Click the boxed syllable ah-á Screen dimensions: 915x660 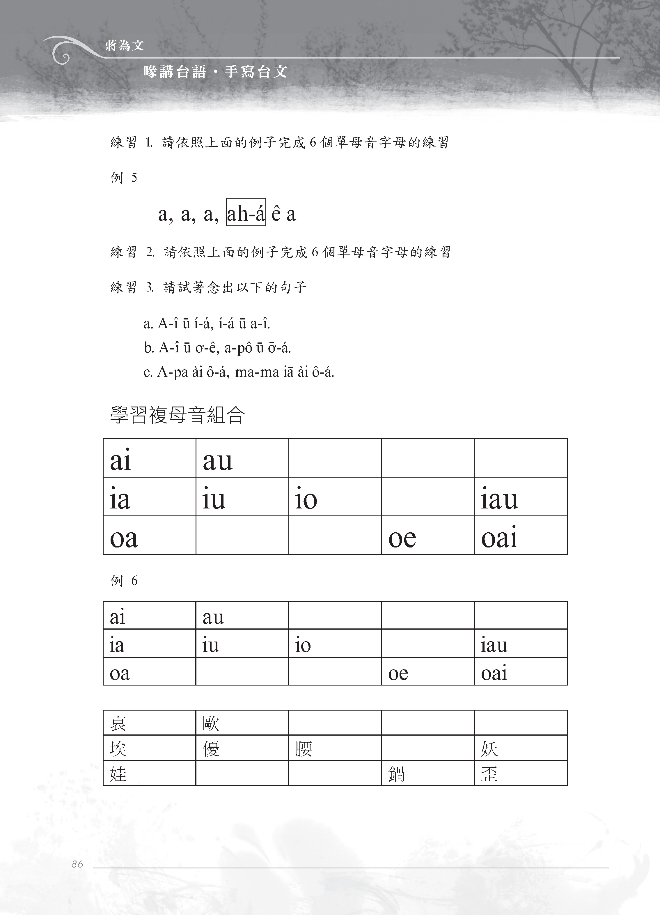click(246, 213)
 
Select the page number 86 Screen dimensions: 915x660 click(77, 864)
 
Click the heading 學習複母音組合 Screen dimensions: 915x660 click(178, 415)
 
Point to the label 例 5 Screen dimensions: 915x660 click(124, 178)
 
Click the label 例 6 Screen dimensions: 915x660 click(124, 581)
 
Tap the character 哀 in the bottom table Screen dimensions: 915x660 click(118, 723)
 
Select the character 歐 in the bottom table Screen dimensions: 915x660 click(211, 723)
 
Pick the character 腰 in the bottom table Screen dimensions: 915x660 click(304, 749)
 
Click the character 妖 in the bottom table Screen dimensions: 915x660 click(489, 749)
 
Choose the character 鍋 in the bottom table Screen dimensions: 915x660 click(396, 774)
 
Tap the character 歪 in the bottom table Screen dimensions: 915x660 click(489, 774)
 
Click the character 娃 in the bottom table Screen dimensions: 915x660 click(118, 774)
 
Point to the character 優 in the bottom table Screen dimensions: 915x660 click(211, 749)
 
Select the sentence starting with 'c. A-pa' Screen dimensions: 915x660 click(239, 372)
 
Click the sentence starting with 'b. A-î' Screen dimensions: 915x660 click(217, 347)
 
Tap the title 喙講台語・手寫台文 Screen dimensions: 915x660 click(215, 72)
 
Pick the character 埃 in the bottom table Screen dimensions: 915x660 click(118, 749)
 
